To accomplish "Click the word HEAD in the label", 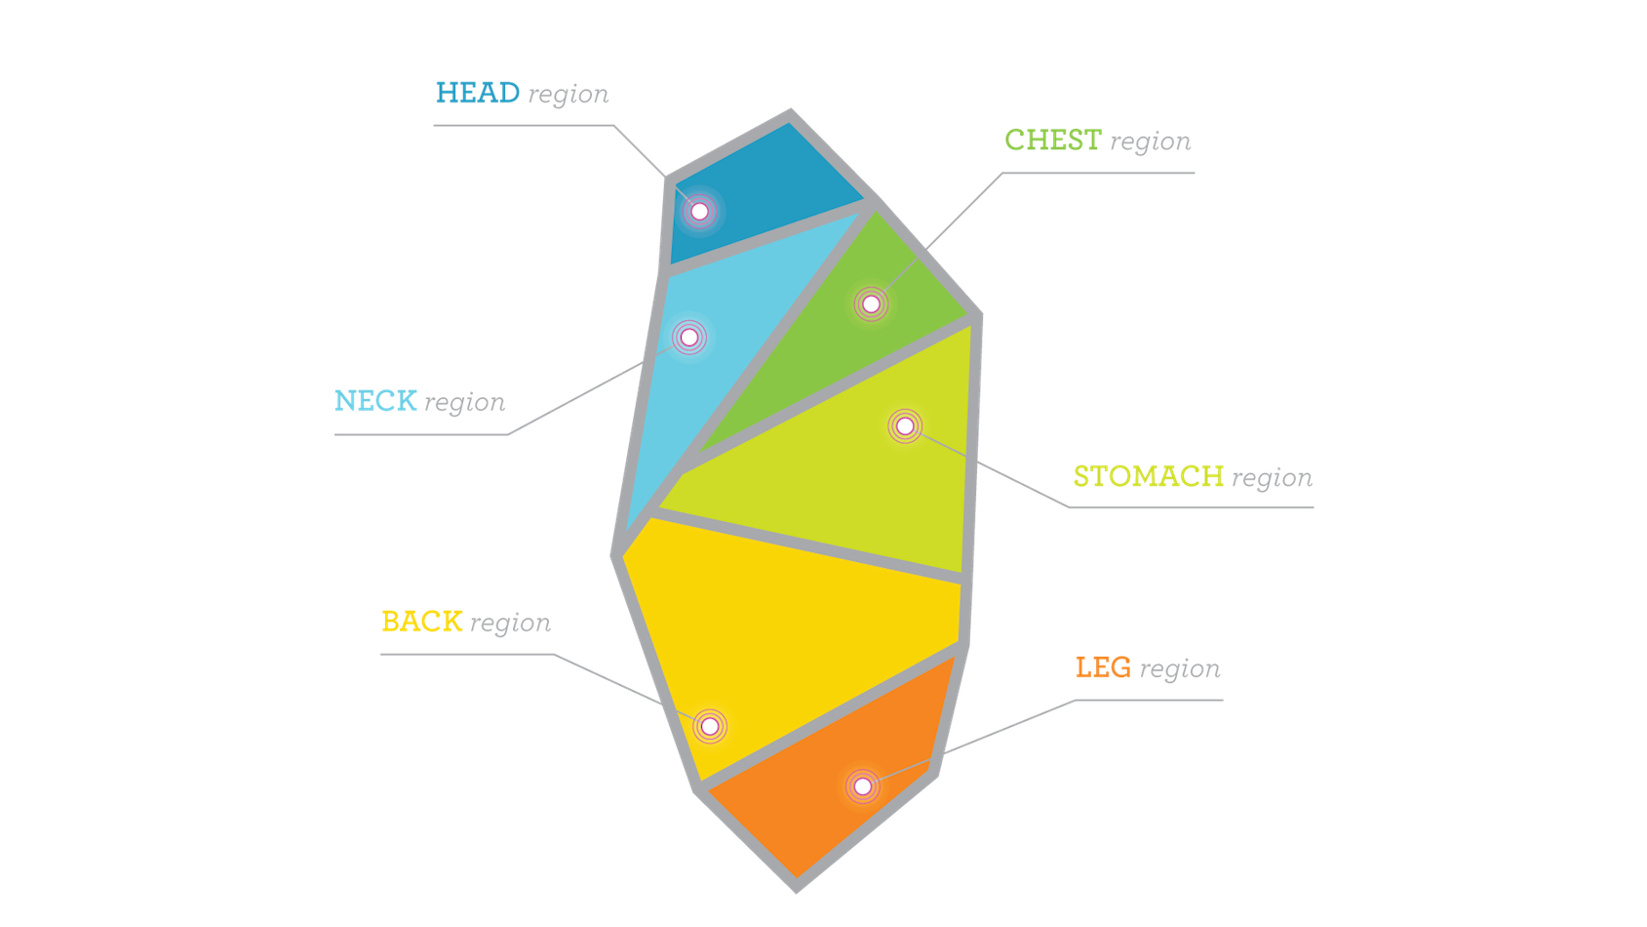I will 477,94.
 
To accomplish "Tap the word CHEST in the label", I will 1053,141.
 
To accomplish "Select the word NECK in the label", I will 375,401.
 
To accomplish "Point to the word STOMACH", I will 1148,476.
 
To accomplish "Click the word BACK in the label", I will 421,622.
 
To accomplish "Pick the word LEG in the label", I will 1103,667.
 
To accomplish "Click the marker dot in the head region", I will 699,211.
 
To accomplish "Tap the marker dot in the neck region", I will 689,337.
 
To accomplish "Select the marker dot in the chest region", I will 871,304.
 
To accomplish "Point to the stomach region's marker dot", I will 905,425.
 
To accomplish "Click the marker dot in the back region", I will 710,726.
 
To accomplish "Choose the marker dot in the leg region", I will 862,786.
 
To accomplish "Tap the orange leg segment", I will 819,820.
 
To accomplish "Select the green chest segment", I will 839,342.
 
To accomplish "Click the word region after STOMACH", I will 1273,478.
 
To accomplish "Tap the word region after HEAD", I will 569,96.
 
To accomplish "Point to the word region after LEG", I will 1180,669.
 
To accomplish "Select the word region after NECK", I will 465,403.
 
